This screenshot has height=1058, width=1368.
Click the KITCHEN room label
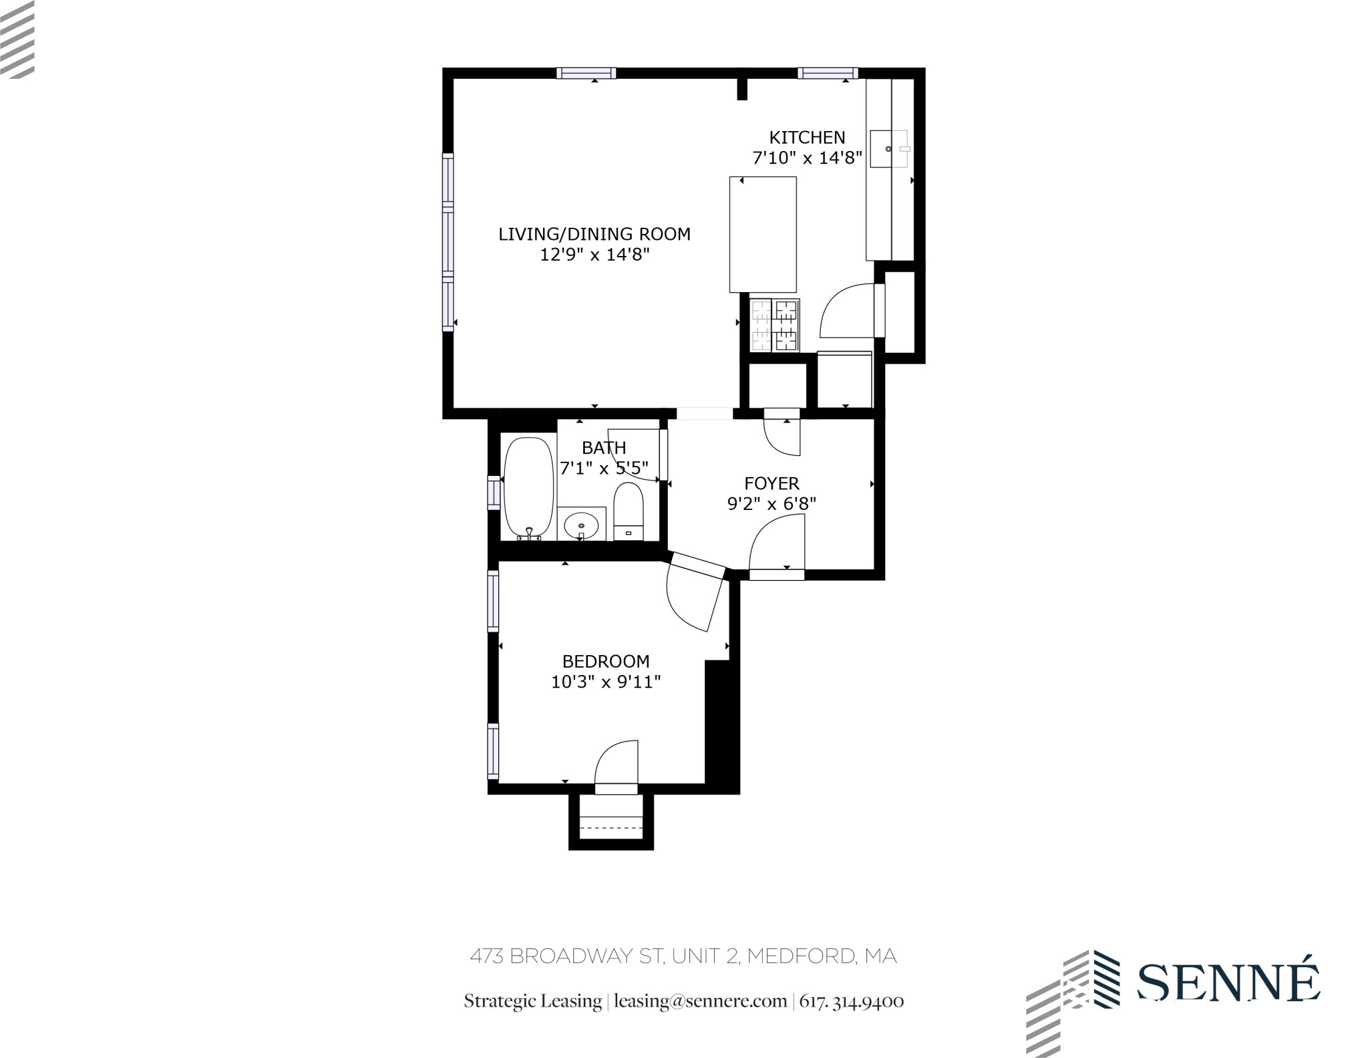807,138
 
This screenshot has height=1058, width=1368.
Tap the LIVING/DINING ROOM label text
594,235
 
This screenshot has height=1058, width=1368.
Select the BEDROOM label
606,662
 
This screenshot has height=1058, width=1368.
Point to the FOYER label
772,483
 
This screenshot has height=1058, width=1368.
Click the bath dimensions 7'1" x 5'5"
604,468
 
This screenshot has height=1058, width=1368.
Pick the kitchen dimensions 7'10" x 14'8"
808,158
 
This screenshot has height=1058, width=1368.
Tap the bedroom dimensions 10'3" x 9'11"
606,682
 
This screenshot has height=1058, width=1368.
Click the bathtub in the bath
529,488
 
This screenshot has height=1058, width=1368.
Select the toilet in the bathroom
628,511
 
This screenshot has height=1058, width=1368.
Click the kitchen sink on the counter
889,148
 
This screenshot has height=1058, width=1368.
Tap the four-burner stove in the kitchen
775,325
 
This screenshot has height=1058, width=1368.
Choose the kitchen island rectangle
763,234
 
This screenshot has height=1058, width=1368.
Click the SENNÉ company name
1228,982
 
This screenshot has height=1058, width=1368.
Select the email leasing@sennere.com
700,1001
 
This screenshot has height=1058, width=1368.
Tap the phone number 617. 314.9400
852,1001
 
